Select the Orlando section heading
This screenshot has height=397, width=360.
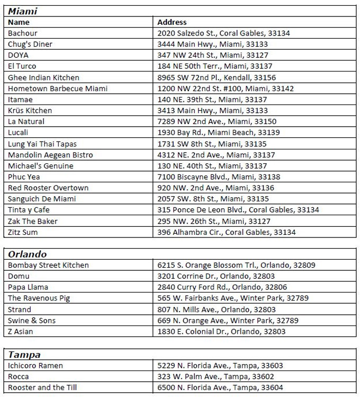point(27,254)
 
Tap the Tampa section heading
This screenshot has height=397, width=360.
point(24,355)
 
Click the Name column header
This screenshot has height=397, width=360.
point(19,22)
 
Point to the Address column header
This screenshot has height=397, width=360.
point(172,22)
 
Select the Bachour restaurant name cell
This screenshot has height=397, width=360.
point(23,33)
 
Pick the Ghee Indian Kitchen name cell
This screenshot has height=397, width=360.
point(43,77)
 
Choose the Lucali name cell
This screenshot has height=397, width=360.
point(19,133)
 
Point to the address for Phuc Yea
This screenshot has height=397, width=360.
point(219,177)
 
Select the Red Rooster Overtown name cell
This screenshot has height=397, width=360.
point(48,188)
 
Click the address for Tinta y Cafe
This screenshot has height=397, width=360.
point(238,210)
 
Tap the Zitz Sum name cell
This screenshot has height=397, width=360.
point(23,232)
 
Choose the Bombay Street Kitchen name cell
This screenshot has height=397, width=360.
point(48,265)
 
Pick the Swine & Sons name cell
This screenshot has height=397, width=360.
point(32,321)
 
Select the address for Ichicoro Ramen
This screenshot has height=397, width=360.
point(220,366)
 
